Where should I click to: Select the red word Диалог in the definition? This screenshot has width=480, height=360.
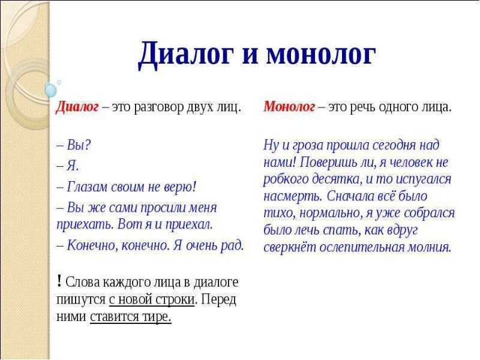tap(77, 107)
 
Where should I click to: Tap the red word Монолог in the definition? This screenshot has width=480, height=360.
tap(289, 107)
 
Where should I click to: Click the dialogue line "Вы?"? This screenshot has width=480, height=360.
tap(74, 145)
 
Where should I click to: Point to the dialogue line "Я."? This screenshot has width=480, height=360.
tap(68, 166)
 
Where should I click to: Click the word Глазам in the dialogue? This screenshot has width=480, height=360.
tap(87, 187)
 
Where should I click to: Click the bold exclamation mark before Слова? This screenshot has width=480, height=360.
tap(59, 281)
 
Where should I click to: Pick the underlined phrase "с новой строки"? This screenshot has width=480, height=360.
tap(152, 299)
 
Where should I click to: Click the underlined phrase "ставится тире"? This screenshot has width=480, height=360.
tap(130, 317)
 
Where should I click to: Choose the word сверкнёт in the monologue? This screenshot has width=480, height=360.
tap(290, 247)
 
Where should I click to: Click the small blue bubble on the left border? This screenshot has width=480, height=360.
tap(50, 90)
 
